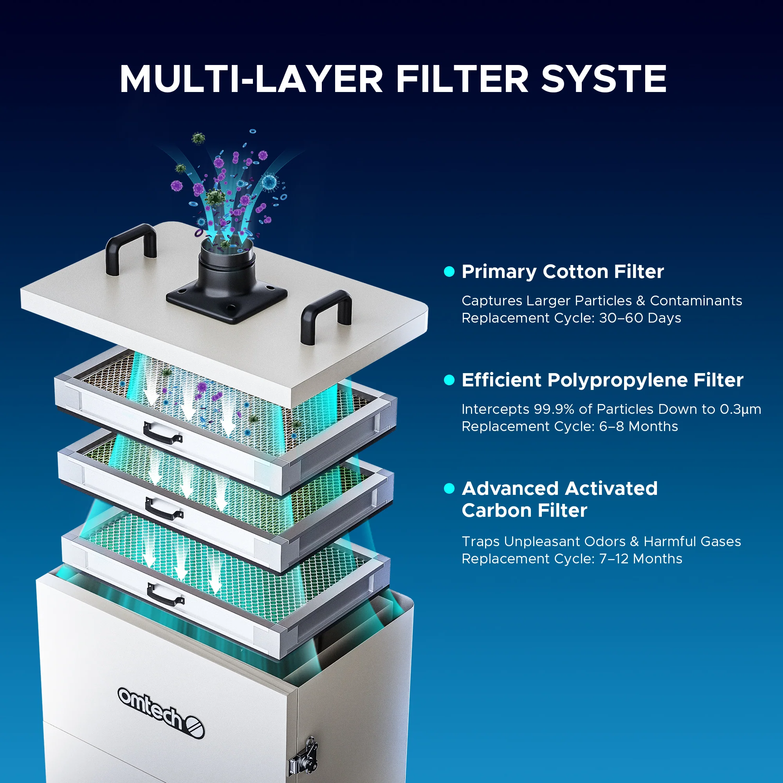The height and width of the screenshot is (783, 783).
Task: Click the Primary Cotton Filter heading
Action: [x=563, y=272]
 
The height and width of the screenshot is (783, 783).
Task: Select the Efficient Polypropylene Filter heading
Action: [x=602, y=380]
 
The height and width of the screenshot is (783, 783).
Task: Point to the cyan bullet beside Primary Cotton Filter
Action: [x=449, y=272]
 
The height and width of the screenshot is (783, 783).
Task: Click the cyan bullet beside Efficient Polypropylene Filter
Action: [x=449, y=380]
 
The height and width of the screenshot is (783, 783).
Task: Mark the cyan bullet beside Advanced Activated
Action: [x=449, y=488]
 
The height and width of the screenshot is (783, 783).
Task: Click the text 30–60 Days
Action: [x=640, y=318]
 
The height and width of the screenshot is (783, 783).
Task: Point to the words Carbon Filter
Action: [x=525, y=510]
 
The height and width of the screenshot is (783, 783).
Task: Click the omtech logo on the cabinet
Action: [x=161, y=713]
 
